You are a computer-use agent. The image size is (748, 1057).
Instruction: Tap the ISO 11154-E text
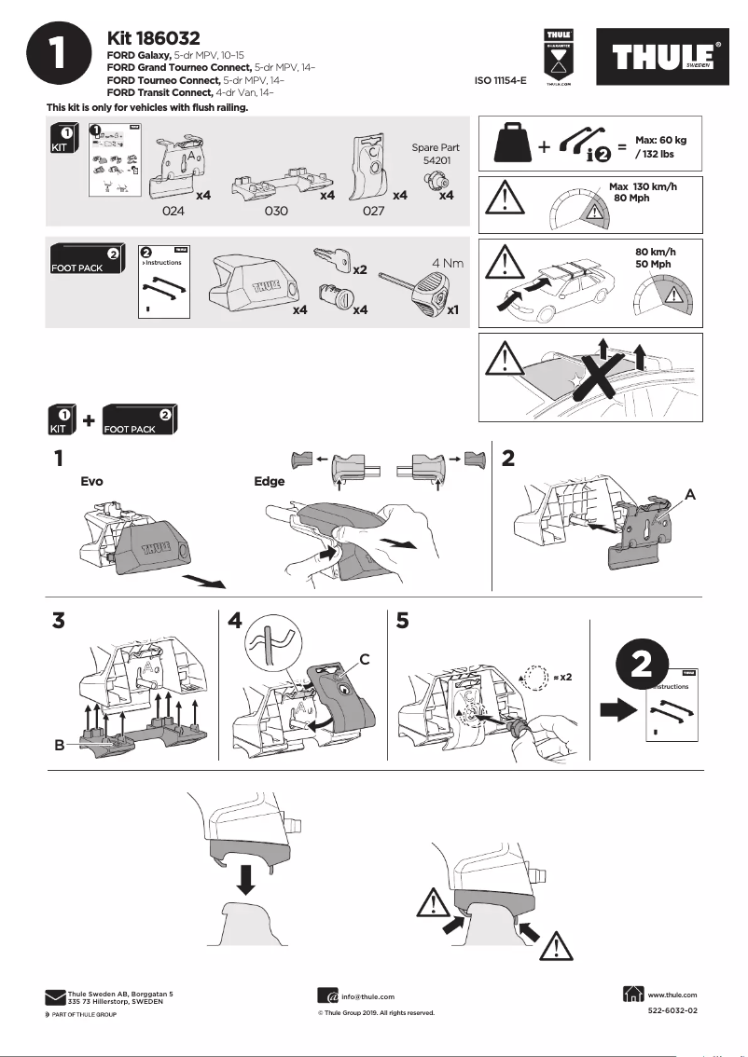[x=501, y=81]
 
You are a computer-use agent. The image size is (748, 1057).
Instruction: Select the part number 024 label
[x=173, y=212]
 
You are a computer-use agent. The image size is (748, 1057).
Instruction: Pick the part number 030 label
[x=276, y=212]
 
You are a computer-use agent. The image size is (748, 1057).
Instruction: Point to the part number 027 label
[x=373, y=212]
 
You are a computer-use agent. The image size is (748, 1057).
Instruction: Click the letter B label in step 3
[x=58, y=746]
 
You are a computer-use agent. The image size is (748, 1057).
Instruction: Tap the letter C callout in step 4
[x=366, y=659]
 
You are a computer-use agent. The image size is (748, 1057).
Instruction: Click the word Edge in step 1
[x=269, y=482]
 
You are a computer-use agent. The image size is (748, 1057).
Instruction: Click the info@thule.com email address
[x=367, y=996]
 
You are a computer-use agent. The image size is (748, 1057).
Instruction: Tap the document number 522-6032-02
[x=672, y=1010]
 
